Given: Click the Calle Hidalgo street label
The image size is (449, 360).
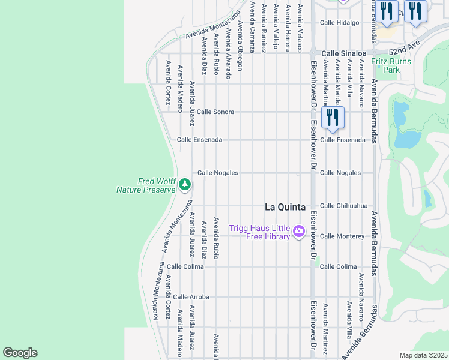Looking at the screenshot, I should coord(339,23).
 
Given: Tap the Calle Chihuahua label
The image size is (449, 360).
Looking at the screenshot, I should coord(343,205).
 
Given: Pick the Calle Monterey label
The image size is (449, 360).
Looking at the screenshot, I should coord(342,236).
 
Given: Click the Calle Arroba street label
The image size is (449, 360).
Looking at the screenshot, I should coord(191,297).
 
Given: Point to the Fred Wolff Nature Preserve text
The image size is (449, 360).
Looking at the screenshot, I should coord(145,185).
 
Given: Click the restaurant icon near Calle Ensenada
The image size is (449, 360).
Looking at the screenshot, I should coord(332,117).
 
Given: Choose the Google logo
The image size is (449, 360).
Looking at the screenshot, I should coord(20,353).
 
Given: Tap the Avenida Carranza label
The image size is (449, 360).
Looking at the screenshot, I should coord(253,28).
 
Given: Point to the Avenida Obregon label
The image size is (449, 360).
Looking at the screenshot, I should coord(240,46).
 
